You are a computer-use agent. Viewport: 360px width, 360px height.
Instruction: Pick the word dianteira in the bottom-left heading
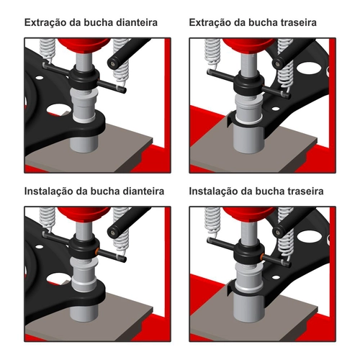coord(140,192)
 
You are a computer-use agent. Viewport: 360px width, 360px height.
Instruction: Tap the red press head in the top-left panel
coord(84,45)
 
